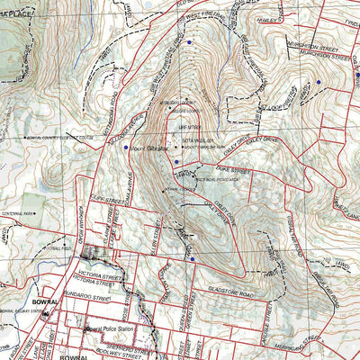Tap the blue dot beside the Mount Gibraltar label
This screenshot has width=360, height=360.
(x=126, y=146)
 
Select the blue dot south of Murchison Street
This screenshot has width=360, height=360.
(x=317, y=83)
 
